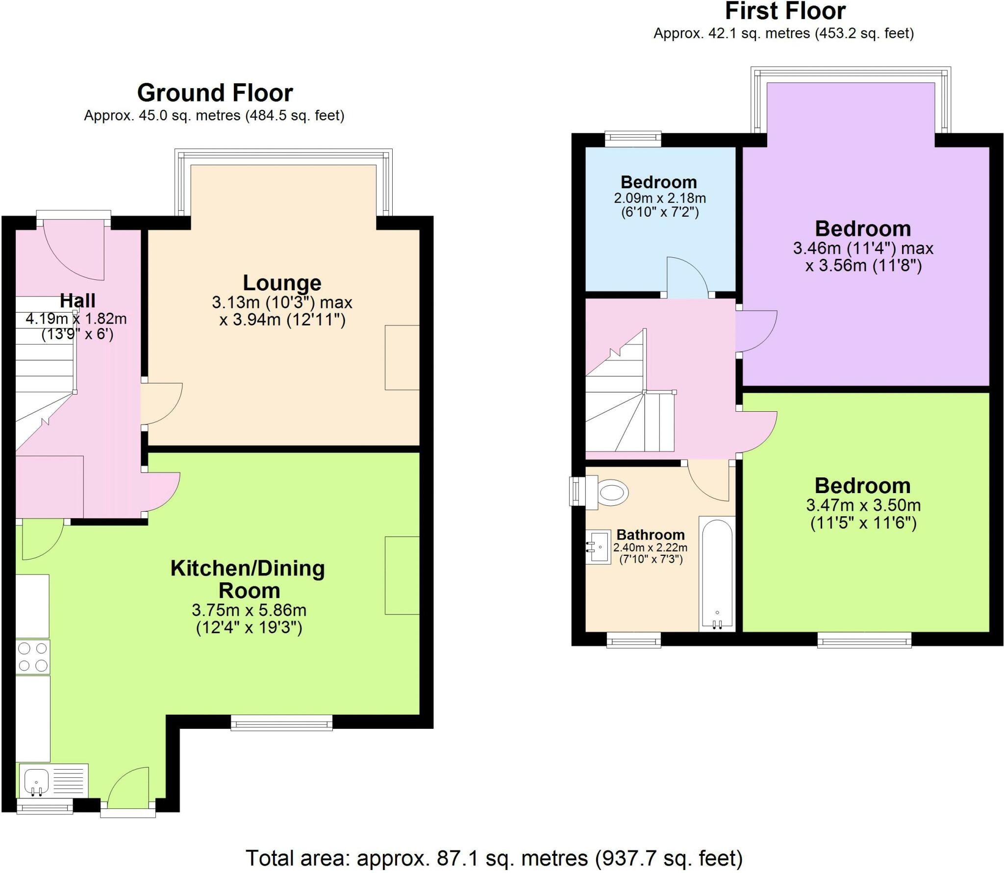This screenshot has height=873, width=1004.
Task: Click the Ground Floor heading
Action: click(215, 93)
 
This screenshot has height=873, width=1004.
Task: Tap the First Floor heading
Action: click(785, 11)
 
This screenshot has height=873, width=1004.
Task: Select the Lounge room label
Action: click(282, 283)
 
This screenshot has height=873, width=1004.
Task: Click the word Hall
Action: click(77, 300)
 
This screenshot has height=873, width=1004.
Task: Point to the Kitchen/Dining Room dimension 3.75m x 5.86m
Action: click(249, 610)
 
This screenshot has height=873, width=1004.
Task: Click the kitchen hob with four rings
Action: click(33, 657)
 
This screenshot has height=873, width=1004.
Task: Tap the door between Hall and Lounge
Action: click(162, 403)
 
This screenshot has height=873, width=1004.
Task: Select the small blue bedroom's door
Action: click(687, 277)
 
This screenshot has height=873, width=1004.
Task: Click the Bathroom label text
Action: click(651, 535)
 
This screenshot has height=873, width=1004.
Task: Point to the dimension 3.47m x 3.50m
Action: click(863, 505)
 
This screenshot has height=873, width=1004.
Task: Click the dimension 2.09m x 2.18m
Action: click(660, 198)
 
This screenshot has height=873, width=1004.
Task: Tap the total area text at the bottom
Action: click(494, 858)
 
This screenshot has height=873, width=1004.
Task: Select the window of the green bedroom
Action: click(864, 640)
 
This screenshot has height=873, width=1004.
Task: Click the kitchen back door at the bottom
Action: click(128, 789)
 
